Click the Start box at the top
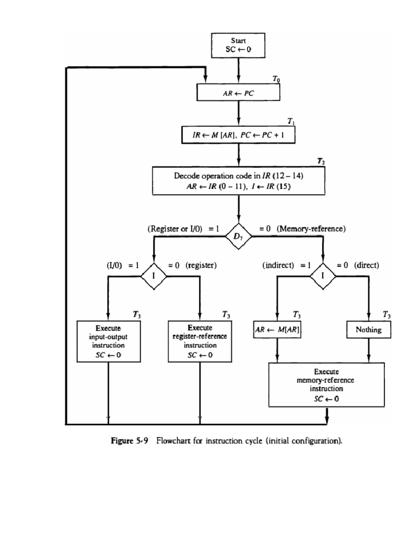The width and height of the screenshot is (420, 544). pyautogui.click(x=238, y=45)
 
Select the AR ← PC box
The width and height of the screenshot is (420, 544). pyautogui.click(x=238, y=92)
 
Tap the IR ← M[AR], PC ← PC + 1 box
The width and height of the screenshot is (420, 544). pyautogui.click(x=238, y=135)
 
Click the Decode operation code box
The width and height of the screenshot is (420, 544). pyautogui.click(x=238, y=181)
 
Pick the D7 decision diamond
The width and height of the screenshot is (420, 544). pyautogui.click(x=238, y=236)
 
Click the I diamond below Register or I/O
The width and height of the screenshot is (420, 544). pyautogui.click(x=154, y=276)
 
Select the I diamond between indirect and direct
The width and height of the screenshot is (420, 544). pyautogui.click(x=323, y=276)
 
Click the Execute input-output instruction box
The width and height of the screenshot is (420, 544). pyautogui.click(x=108, y=341)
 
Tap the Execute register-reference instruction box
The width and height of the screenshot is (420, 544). pyautogui.click(x=200, y=341)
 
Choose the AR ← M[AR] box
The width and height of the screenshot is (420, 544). pyautogui.click(x=277, y=330)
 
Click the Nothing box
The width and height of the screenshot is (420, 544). pyautogui.click(x=369, y=330)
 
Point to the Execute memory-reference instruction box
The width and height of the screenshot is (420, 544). pyautogui.click(x=326, y=385)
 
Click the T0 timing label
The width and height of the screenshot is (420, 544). pyautogui.click(x=276, y=80)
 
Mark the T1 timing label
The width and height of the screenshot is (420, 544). pyautogui.click(x=291, y=122)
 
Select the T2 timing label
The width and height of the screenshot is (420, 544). pyautogui.click(x=321, y=161)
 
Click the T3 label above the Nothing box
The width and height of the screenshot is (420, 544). pyautogui.click(x=387, y=315)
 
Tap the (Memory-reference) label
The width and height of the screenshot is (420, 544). pyautogui.click(x=311, y=229)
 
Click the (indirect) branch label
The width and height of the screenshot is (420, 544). pyautogui.click(x=278, y=265)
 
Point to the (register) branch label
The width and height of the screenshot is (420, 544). pyautogui.click(x=201, y=265)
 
